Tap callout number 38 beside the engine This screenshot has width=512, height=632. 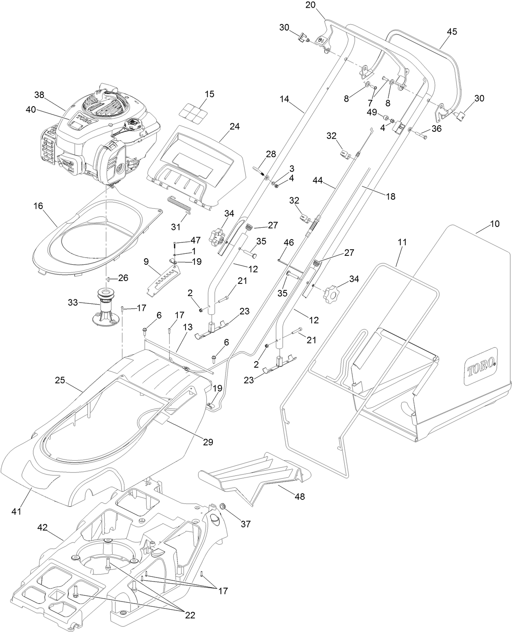39,95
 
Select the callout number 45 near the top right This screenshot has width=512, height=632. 452,31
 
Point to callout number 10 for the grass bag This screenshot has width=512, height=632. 494,223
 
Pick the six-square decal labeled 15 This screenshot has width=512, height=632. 193,113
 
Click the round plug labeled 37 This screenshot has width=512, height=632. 223,506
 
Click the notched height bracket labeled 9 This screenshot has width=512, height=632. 163,280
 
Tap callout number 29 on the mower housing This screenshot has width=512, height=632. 208,450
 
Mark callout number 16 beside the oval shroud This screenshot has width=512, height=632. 38,206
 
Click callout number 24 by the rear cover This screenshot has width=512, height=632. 234,126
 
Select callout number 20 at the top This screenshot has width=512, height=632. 311,5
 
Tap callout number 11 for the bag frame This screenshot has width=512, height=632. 402,242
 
